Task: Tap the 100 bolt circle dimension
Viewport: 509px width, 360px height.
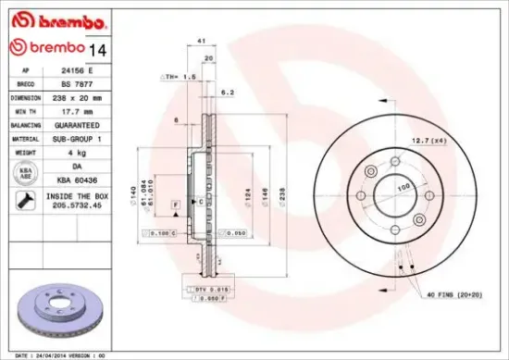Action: click(x=403, y=187)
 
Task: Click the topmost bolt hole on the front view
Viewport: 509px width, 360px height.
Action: click(x=394, y=154)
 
